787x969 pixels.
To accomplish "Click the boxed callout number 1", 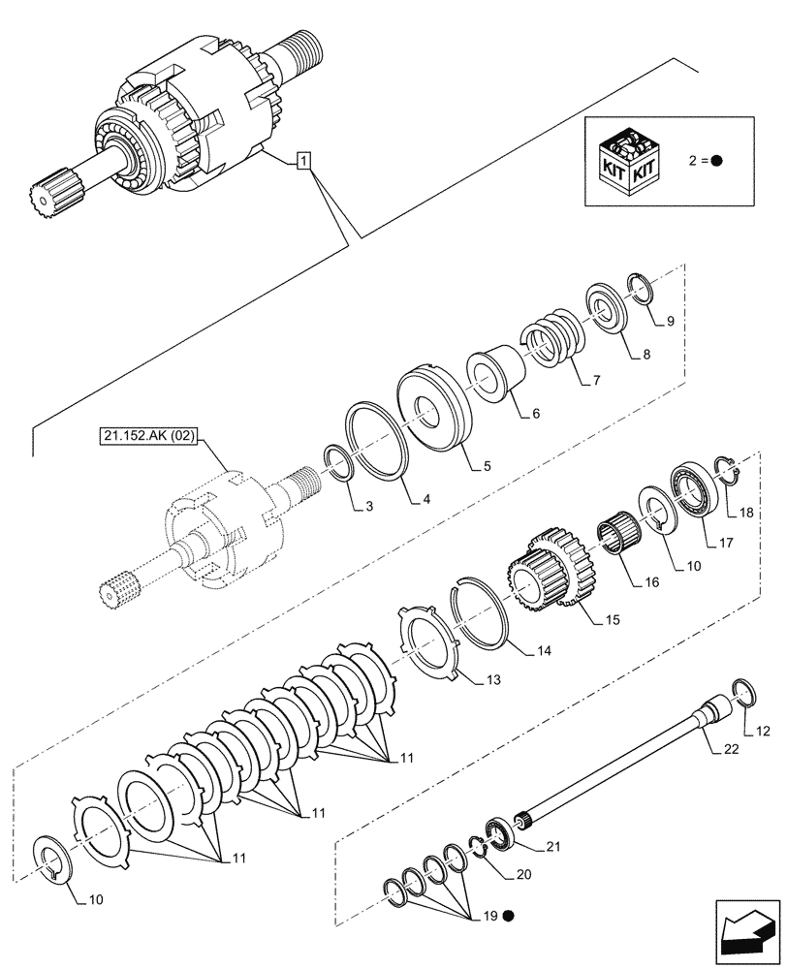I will click(303, 160).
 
